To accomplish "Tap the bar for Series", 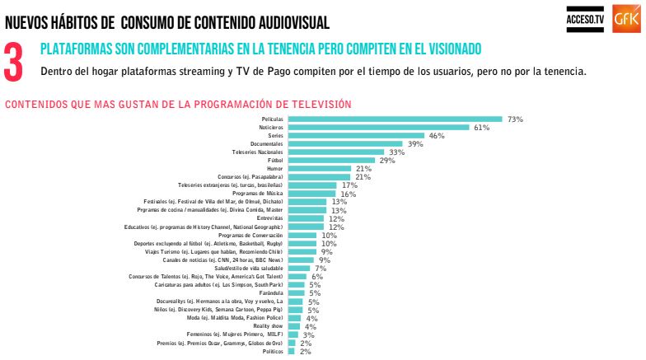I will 355,136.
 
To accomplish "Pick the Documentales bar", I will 345,144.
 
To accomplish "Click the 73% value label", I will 516,119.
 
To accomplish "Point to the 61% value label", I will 482,128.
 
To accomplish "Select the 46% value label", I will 437,136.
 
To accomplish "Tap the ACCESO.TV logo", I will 585,18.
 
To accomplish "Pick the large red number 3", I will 14,63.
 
